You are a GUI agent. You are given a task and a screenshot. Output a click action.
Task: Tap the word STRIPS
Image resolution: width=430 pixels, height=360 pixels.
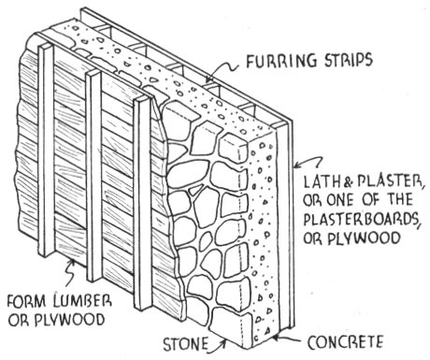point(345,60)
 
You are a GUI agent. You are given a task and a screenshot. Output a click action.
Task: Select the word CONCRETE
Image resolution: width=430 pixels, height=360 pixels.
point(345,342)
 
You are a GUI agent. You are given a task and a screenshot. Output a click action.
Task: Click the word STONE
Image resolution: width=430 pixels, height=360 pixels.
point(185,344)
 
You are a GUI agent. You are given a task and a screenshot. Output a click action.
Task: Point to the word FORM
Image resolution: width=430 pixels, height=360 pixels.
point(27,301)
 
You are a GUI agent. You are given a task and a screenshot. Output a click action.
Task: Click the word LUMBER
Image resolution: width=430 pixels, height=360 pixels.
point(82,301)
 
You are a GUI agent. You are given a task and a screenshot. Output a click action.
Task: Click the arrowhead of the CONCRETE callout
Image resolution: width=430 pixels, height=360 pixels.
point(276,337)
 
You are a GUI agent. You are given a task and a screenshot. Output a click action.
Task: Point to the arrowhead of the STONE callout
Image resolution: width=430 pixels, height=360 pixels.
point(223,341)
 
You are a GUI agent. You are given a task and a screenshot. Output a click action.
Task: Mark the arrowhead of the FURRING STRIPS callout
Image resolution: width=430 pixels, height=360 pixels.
point(208,80)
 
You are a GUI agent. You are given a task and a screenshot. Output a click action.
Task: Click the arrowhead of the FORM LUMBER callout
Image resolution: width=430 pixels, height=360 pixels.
point(73,263)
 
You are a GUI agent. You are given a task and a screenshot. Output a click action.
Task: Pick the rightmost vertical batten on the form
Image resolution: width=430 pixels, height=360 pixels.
point(143,203)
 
